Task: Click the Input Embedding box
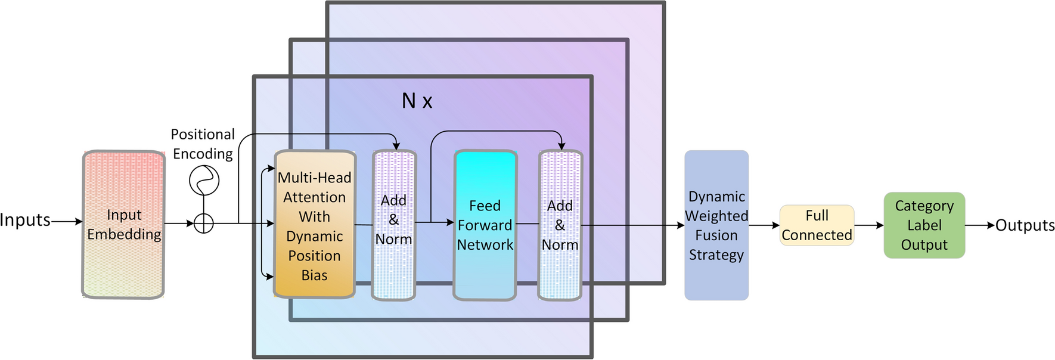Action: [x=123, y=225]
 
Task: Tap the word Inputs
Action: [x=25, y=220]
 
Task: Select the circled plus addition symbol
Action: [x=204, y=224]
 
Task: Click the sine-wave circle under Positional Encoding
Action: [x=204, y=180]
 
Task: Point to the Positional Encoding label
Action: [x=203, y=144]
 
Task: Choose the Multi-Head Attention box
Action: [x=314, y=225]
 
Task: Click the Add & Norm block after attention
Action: [x=393, y=225]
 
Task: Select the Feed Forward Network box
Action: [x=485, y=225]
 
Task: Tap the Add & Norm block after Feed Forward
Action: [x=560, y=225]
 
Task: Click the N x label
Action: [x=417, y=101]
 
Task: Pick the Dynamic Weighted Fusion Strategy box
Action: [x=716, y=225]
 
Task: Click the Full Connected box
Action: [x=817, y=225]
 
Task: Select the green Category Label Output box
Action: [x=924, y=225]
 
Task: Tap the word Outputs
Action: [x=1025, y=225]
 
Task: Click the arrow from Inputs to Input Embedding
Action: [x=67, y=221]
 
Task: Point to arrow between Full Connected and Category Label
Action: [x=869, y=225]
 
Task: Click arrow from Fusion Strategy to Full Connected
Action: [x=764, y=225]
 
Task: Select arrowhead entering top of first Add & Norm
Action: [x=396, y=145]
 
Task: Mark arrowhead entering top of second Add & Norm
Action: [x=561, y=145]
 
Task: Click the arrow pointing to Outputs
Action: [x=980, y=225]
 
